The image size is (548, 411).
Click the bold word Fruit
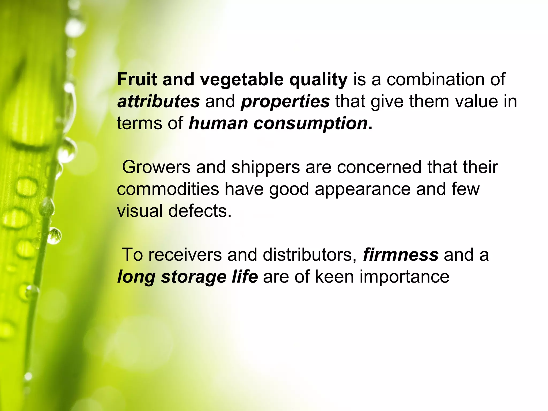[137, 79]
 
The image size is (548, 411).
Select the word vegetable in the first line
[242, 80]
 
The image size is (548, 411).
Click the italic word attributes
[158, 101]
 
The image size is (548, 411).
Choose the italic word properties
[285, 102]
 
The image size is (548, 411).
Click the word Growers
[156, 167]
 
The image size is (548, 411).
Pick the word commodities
[168, 189]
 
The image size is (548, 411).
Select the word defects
[200, 211]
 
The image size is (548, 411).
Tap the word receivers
[185, 255]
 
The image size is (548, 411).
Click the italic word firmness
[401, 255]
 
